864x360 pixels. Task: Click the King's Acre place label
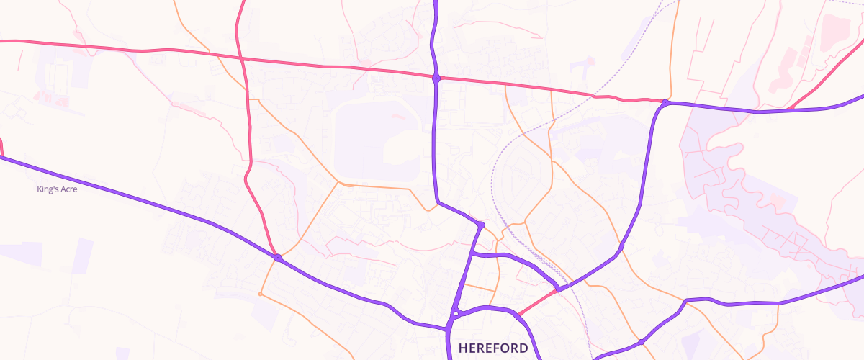click(x=57, y=189)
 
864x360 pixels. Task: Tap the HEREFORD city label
click(x=493, y=348)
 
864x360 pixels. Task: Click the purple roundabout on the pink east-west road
click(x=436, y=78)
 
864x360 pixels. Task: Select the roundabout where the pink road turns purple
click(x=665, y=103)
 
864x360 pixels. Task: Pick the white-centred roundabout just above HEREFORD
click(x=456, y=313)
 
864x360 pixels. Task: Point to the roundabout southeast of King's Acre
click(x=277, y=257)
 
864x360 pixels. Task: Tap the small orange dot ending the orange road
click(x=260, y=294)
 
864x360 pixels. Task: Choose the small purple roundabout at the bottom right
click(x=640, y=341)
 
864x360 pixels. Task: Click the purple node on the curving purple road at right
click(x=621, y=246)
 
